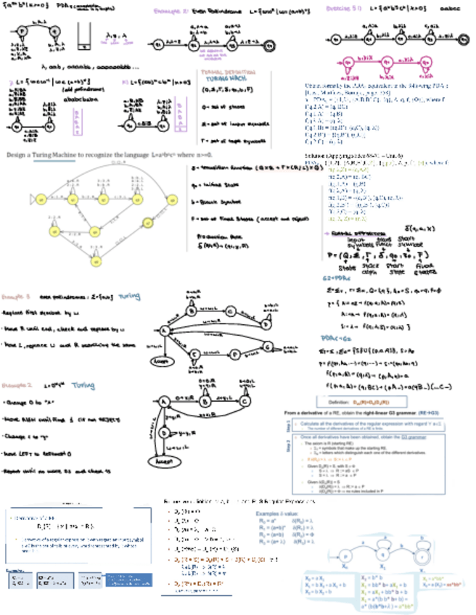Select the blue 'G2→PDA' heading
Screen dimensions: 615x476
(x=337, y=278)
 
